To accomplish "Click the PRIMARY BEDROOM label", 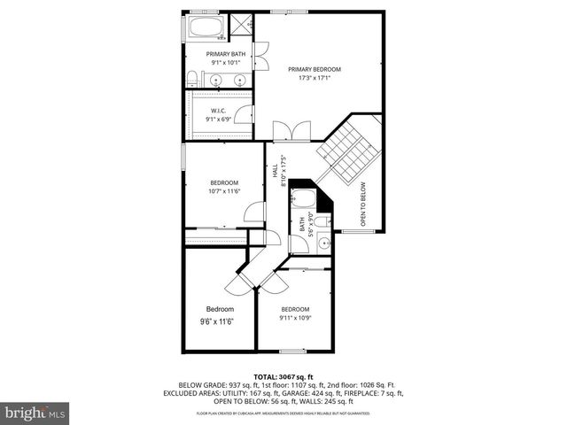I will (x=315, y=69).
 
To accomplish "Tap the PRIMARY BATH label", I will (x=226, y=54).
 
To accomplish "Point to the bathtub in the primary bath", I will (x=207, y=27).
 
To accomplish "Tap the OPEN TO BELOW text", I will (x=362, y=204).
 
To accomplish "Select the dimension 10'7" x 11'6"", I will (x=224, y=190).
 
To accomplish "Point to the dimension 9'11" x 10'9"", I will (x=295, y=317).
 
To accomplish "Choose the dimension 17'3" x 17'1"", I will (x=315, y=78).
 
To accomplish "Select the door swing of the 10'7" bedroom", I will (x=254, y=212).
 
